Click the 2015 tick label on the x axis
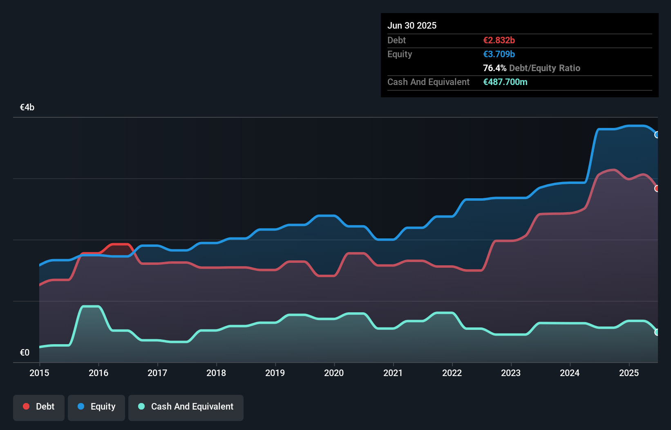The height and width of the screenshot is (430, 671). [x=39, y=373]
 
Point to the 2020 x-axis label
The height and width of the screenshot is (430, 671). [x=334, y=373]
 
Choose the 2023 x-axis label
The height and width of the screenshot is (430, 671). [x=511, y=373]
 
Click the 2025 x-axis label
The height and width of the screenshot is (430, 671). [x=629, y=373]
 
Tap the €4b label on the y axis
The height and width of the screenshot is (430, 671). [x=27, y=107]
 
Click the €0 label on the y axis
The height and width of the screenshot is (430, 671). [x=25, y=352]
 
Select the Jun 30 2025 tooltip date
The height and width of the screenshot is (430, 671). [x=412, y=25]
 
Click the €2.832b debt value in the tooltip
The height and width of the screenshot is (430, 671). [x=499, y=40]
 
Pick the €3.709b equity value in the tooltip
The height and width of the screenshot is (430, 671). [x=499, y=54]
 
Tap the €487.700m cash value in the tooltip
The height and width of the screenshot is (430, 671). [x=505, y=82]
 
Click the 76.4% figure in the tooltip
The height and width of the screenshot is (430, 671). [x=494, y=68]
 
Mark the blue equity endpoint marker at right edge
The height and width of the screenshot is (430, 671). [x=657, y=135]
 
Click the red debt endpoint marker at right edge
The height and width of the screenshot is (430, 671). [x=657, y=188]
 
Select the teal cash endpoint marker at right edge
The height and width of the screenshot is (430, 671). [x=657, y=332]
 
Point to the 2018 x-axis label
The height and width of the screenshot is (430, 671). [x=216, y=373]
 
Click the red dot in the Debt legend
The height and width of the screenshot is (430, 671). [x=26, y=406]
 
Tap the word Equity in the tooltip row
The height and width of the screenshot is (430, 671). [x=400, y=54]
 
